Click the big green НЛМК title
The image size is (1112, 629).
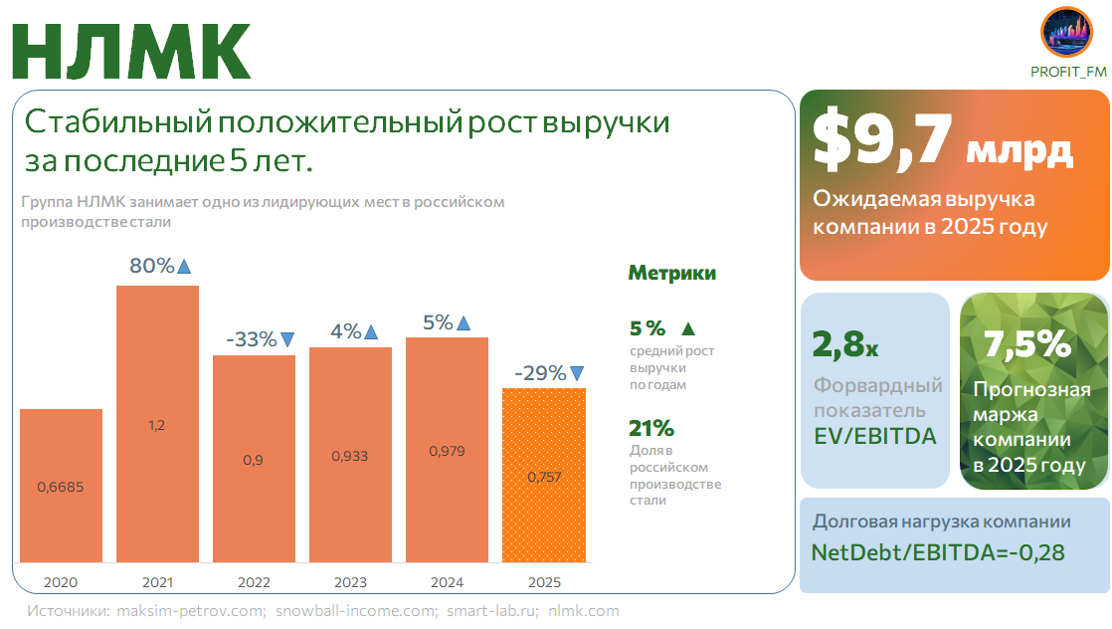[131, 50]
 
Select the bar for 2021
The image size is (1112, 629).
[157, 424]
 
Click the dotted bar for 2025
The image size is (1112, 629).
[543, 475]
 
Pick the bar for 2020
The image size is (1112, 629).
[61, 486]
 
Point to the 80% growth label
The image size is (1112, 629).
[151, 266]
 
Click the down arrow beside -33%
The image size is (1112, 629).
[287, 339]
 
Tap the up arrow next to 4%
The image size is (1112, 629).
[371, 332]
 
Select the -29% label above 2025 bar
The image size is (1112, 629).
[540, 373]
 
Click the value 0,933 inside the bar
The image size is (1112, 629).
[350, 456]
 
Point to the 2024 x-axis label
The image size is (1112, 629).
[447, 582]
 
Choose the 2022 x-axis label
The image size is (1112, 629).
[254, 582]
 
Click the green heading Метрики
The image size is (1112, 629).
[671, 274]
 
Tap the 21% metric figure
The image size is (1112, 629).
[651, 428]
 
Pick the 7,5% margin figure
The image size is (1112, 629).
[1026, 344]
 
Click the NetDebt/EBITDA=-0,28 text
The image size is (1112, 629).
[938, 552]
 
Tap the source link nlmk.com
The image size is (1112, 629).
[584, 610]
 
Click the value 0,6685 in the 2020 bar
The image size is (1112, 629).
[61, 487]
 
